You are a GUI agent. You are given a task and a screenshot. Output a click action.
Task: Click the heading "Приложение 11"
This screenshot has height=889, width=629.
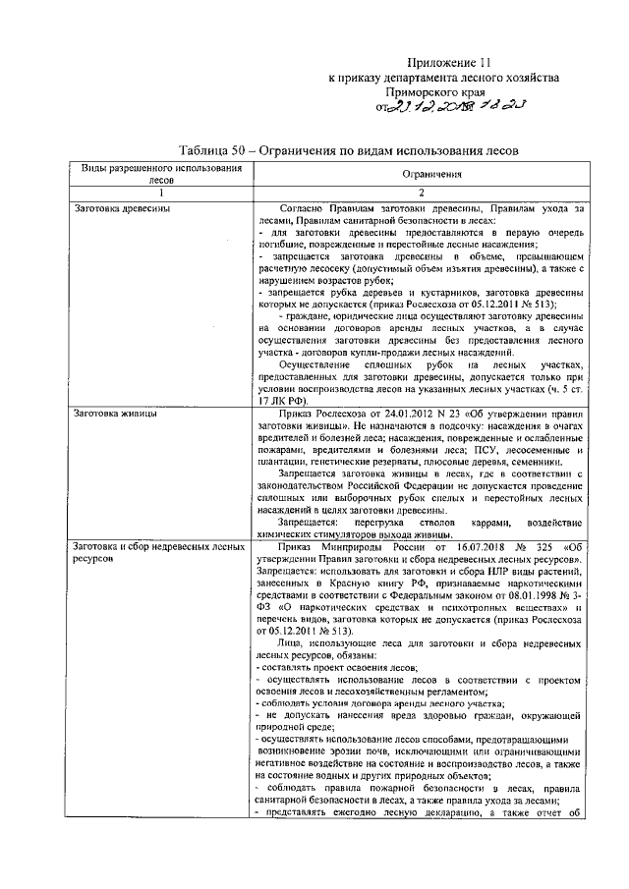[447, 60]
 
